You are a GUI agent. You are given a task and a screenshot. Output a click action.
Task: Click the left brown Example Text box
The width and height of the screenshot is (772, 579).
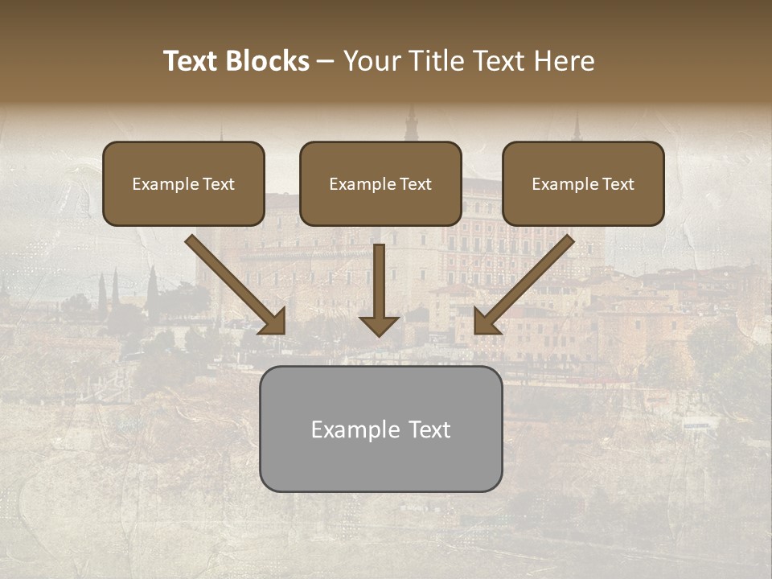[x=183, y=184]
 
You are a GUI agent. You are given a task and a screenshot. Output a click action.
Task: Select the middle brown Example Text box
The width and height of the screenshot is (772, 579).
[x=380, y=184]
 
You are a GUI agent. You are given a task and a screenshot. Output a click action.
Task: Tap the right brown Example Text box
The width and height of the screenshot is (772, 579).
[x=583, y=184]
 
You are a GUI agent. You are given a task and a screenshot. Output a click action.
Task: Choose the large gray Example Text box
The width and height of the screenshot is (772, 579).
[x=380, y=429]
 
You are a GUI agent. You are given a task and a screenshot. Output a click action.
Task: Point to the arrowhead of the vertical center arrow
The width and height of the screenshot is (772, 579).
[x=380, y=325]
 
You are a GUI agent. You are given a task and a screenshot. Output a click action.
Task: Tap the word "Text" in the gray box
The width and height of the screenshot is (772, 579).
[x=429, y=429]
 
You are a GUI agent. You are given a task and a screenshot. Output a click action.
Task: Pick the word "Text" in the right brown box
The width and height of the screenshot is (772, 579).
[x=618, y=184]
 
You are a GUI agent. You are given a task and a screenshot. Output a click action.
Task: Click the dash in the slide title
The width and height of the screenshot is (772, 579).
[x=326, y=61]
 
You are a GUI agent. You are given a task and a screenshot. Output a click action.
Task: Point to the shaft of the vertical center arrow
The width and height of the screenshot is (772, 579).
[x=380, y=277]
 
